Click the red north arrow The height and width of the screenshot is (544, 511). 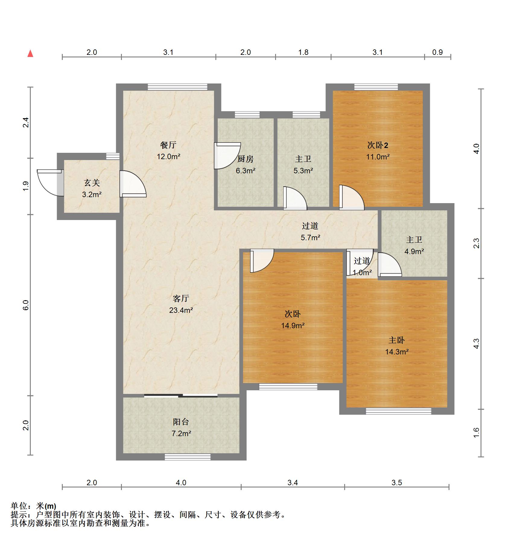point(30,54)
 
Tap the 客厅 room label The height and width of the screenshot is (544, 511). point(181,298)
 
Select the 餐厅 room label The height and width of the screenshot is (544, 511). point(168,145)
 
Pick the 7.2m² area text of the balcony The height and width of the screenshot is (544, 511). point(181,433)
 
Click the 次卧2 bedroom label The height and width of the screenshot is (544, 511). point(378,145)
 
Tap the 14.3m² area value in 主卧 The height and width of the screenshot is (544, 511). point(397,352)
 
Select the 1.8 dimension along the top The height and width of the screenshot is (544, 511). point(303,52)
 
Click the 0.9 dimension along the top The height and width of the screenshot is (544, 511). point(437,52)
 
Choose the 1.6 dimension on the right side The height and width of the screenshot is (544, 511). point(476,433)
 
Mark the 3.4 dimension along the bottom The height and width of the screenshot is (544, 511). point(293,483)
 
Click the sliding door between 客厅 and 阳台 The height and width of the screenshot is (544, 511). point(181,395)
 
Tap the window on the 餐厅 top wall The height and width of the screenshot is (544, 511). point(178,87)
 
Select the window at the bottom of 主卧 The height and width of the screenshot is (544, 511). point(398,411)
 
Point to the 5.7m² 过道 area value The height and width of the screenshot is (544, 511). point(310,237)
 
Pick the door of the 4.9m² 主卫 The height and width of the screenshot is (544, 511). point(389,264)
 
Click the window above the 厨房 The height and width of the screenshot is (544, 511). point(247,115)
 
